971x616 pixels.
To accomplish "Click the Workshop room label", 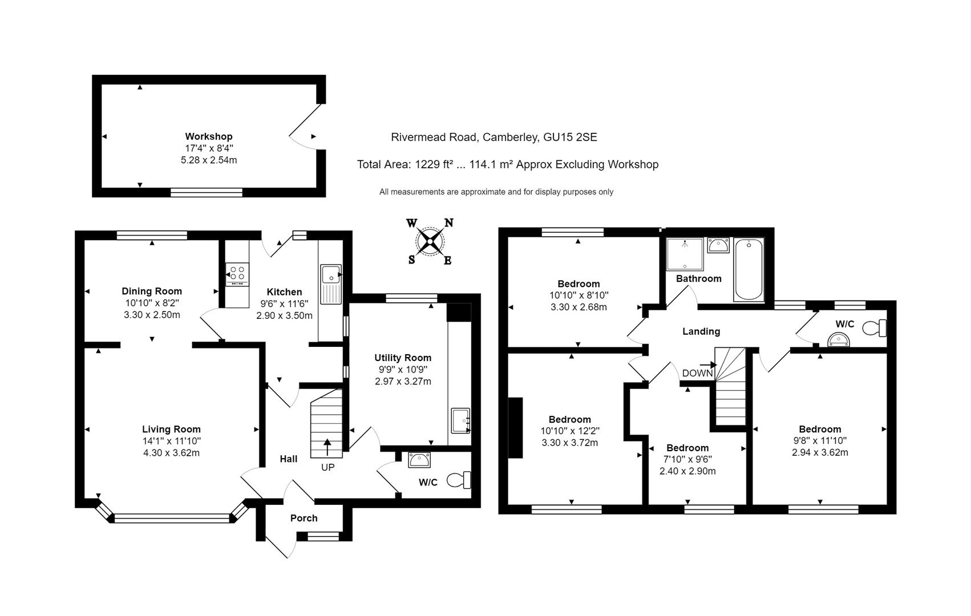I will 209,136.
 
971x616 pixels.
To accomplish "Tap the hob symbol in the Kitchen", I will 237,274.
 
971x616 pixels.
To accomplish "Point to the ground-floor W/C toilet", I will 459,480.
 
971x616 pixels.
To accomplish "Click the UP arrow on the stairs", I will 327,446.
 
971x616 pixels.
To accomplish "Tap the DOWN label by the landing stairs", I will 697,373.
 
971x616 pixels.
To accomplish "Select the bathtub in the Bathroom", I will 749,270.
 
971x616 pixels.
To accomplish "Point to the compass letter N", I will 449,223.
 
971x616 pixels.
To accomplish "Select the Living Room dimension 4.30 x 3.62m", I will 171,453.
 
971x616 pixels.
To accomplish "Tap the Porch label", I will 304,518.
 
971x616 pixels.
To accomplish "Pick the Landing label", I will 701,331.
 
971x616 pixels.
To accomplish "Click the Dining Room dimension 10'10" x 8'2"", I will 152,303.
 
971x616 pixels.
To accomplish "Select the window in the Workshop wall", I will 207,192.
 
